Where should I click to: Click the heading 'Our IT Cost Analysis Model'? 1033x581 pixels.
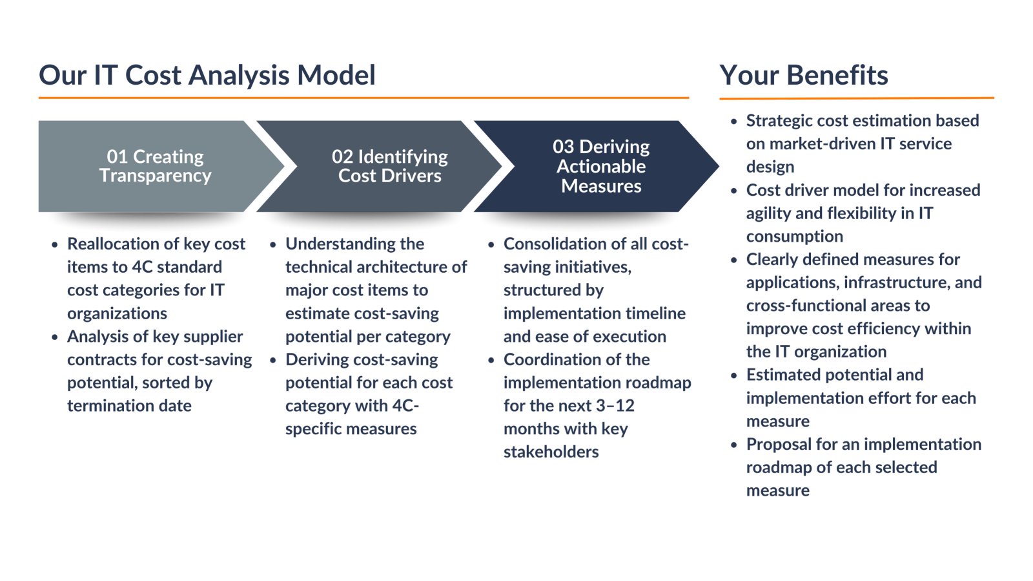207,76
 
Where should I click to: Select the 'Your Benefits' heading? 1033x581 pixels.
803,75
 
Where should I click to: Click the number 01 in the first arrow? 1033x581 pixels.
117,157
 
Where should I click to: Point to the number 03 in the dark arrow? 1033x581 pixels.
563,147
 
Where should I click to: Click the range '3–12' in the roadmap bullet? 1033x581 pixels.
615,406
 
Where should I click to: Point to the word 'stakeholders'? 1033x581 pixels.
551,452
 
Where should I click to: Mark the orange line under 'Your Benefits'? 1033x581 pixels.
857,98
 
